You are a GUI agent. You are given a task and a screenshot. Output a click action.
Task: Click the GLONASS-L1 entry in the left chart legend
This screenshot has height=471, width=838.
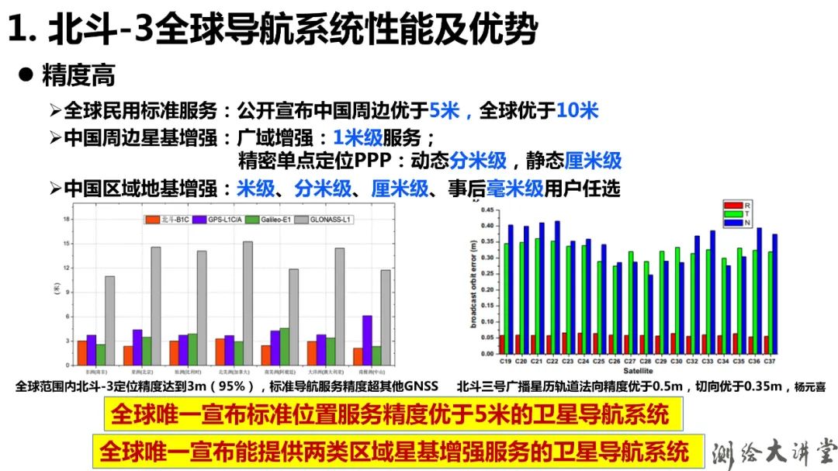coord(327,220)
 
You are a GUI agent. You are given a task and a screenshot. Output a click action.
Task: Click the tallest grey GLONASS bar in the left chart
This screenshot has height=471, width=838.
coord(248,303)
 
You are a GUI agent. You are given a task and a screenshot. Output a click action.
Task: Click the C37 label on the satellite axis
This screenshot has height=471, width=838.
coord(770,361)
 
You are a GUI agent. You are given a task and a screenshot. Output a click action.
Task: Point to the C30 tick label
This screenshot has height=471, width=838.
coord(677,361)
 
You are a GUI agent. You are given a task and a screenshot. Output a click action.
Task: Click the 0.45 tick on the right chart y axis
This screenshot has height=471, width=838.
coord(486,210)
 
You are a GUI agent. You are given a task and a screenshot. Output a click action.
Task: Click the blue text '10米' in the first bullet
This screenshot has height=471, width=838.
coord(577,111)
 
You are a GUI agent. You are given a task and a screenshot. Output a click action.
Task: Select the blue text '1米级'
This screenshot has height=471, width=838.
coord(358,137)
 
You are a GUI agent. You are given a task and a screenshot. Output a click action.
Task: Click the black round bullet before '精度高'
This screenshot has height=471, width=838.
coord(26,74)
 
